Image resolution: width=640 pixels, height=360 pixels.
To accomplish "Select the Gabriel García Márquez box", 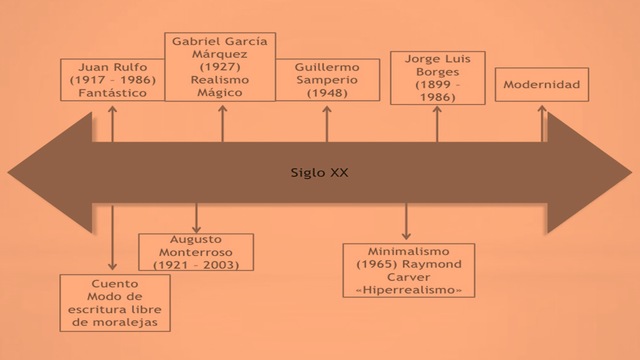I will (220, 66).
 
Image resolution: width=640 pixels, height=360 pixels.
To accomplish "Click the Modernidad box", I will (542, 85).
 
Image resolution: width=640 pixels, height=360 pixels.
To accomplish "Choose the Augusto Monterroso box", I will (196, 252).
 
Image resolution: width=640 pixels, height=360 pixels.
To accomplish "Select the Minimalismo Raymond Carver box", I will (408, 269).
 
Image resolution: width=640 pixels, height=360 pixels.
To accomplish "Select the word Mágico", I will (220, 91).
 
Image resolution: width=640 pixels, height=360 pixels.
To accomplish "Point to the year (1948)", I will (327, 93).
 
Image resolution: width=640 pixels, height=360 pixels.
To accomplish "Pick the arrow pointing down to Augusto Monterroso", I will (196, 217).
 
